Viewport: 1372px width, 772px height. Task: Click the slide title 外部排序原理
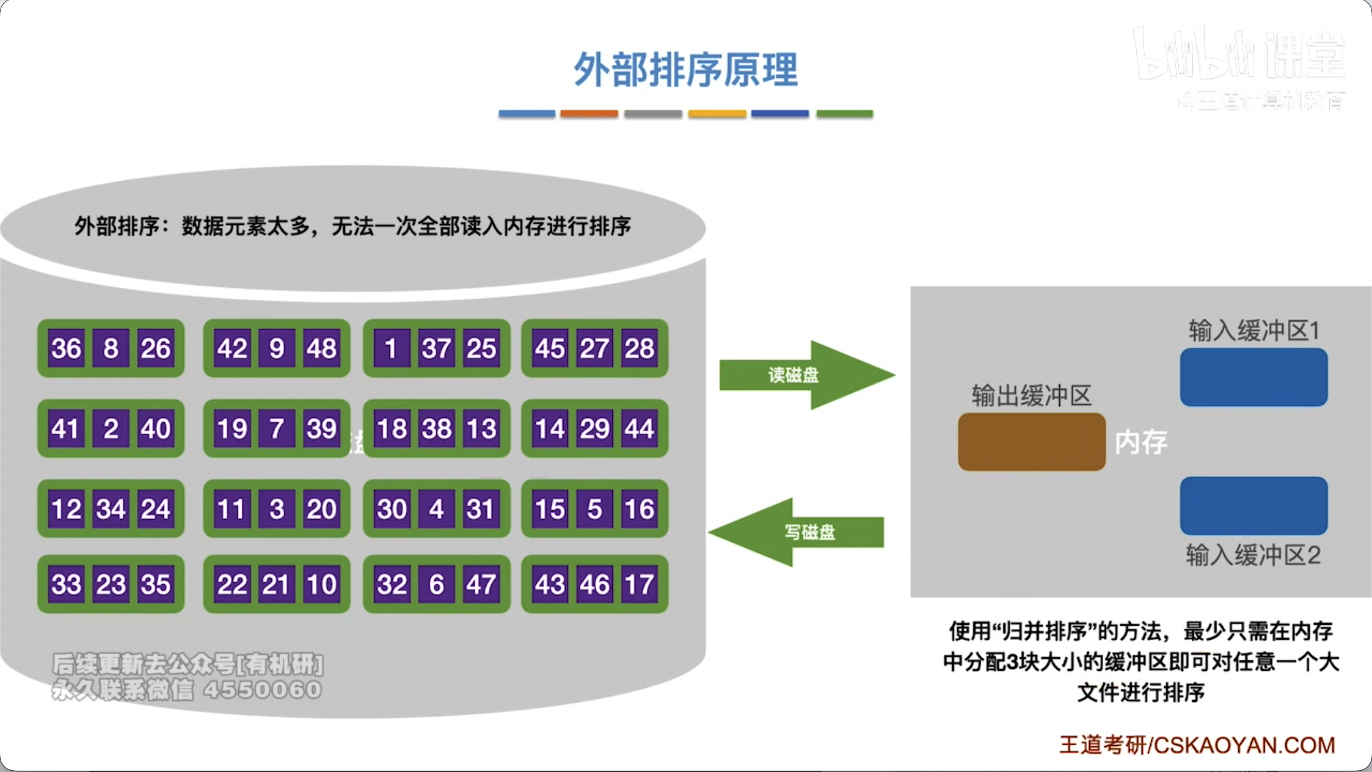tap(685, 69)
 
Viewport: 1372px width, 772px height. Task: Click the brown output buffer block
tap(1031, 442)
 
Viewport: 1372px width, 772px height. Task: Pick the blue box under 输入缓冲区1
tap(1253, 377)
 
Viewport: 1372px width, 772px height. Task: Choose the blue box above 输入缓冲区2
tap(1253, 506)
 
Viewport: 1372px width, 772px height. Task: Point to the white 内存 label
tap(1141, 442)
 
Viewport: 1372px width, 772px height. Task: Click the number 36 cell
tap(66, 348)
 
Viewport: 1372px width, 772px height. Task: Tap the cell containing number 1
tap(391, 348)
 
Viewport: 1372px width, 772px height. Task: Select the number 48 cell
tap(321, 348)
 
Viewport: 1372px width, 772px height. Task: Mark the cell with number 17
tap(639, 584)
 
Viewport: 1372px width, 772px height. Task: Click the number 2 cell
tap(111, 429)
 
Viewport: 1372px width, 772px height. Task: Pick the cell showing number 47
tap(480, 584)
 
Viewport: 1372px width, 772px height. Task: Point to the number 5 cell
tap(594, 509)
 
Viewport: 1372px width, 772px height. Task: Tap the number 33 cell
tap(66, 584)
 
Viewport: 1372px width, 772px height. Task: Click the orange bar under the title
tap(589, 114)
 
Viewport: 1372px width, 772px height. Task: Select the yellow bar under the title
tap(717, 114)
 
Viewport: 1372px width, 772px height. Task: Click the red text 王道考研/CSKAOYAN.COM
tap(1197, 745)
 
